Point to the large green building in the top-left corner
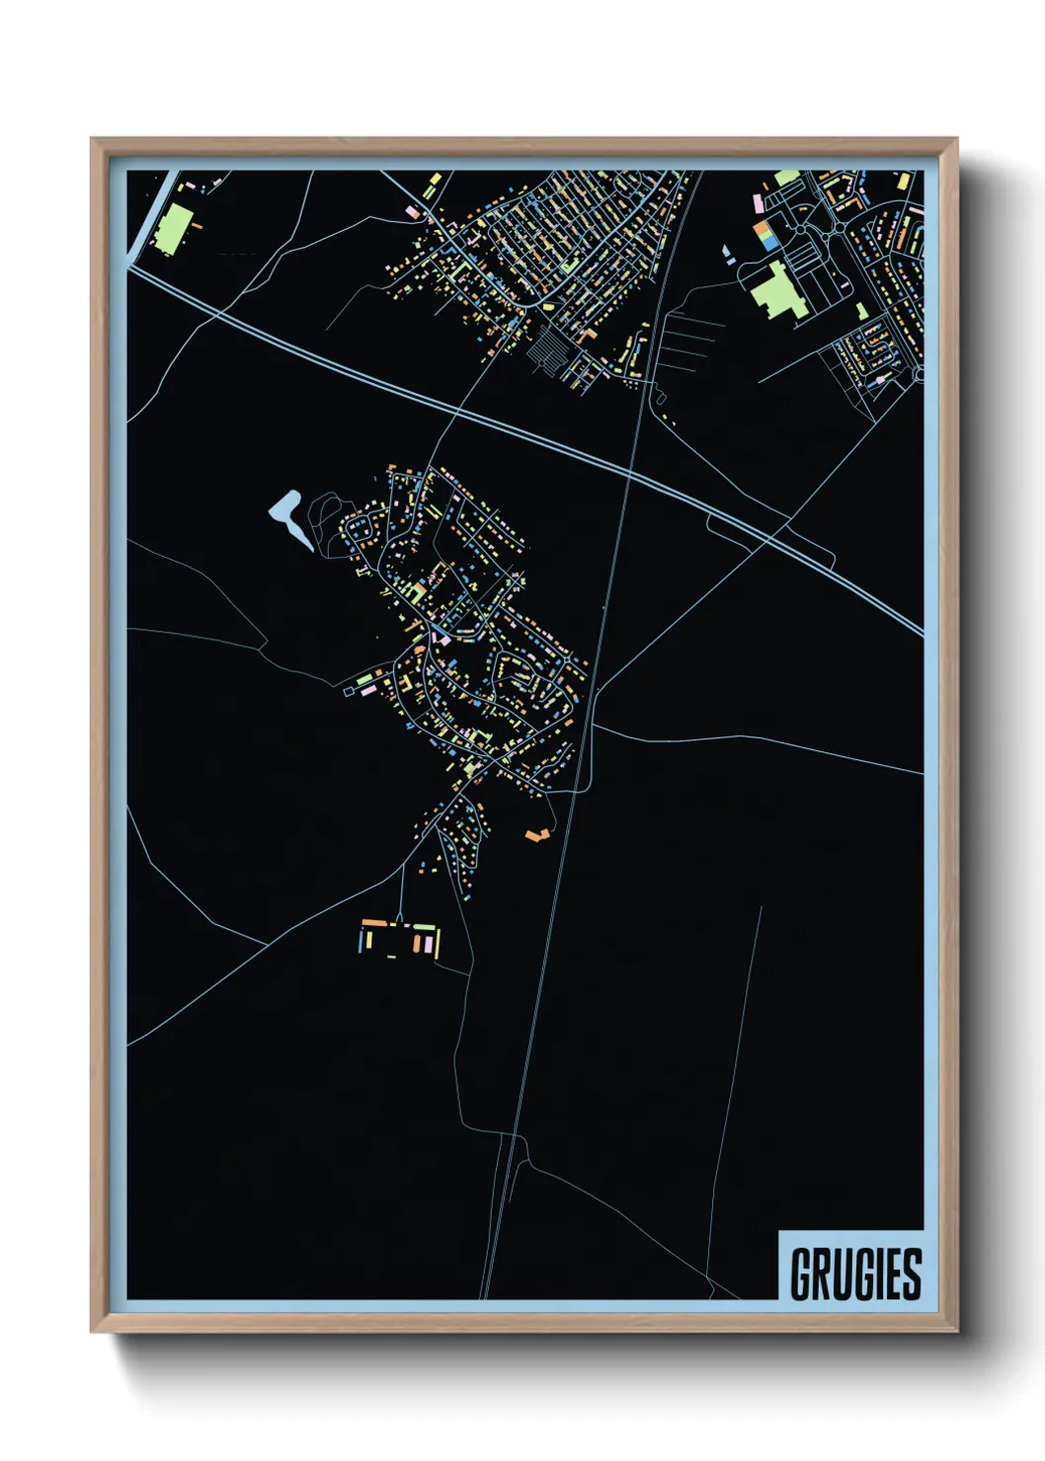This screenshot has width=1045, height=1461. [171, 228]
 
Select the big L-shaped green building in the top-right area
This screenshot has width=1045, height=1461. [776, 290]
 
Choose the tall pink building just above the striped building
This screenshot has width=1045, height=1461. [758, 202]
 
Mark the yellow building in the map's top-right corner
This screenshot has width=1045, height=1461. [903, 181]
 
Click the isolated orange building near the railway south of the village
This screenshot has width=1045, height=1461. [537, 835]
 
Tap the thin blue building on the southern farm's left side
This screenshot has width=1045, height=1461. [360, 942]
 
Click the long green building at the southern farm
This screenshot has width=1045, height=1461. [423, 927]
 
